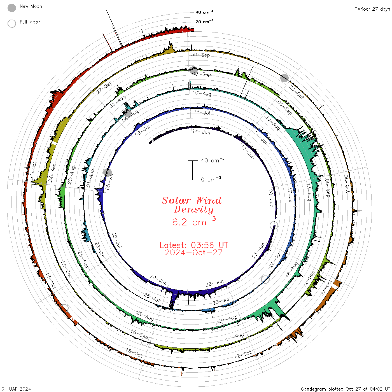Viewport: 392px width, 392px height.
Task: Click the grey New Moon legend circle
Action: coord(11,8)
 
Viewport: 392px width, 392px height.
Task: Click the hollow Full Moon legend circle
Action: coord(11,24)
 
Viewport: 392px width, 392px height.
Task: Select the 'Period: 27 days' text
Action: coord(372,9)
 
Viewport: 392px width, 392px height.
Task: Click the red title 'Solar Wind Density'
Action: coord(192,205)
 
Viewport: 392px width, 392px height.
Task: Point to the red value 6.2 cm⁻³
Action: coord(194,221)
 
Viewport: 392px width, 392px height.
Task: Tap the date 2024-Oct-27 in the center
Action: coord(194,253)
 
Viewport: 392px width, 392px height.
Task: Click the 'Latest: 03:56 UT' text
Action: coord(194,245)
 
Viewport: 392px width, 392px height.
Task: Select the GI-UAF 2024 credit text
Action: coord(16,389)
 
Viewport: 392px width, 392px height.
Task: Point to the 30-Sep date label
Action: coord(200,55)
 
